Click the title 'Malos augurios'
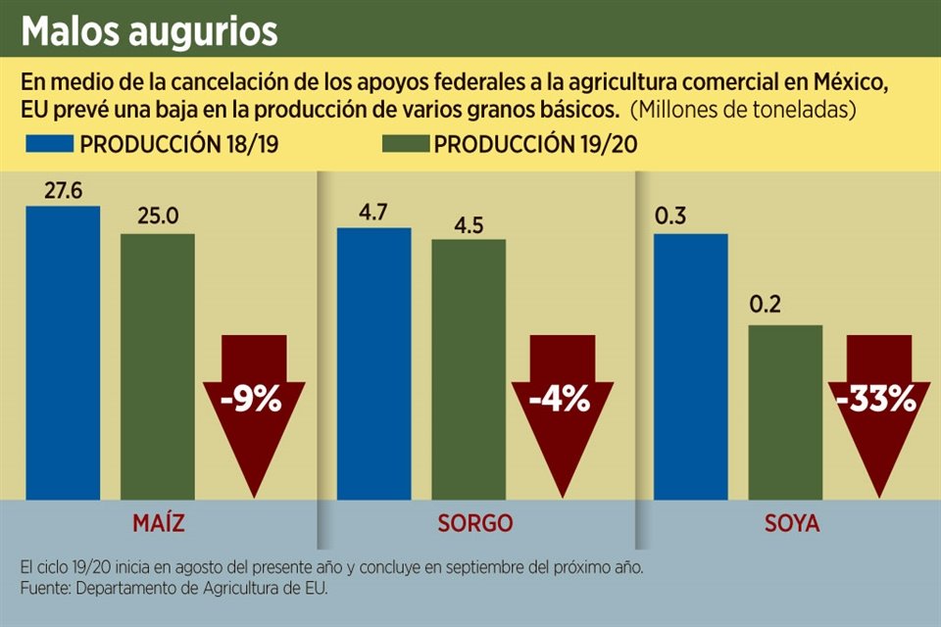coord(149,31)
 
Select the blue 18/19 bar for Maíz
coord(63,353)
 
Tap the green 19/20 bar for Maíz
coord(158,366)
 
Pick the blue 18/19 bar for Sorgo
coord(373,363)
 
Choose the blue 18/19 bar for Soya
coord(690,366)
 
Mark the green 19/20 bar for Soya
coord(785,411)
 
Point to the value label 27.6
coord(63,189)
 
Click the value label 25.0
coord(158,217)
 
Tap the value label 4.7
coord(373,211)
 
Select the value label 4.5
coord(469,222)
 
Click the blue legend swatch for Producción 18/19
coord(50,144)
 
